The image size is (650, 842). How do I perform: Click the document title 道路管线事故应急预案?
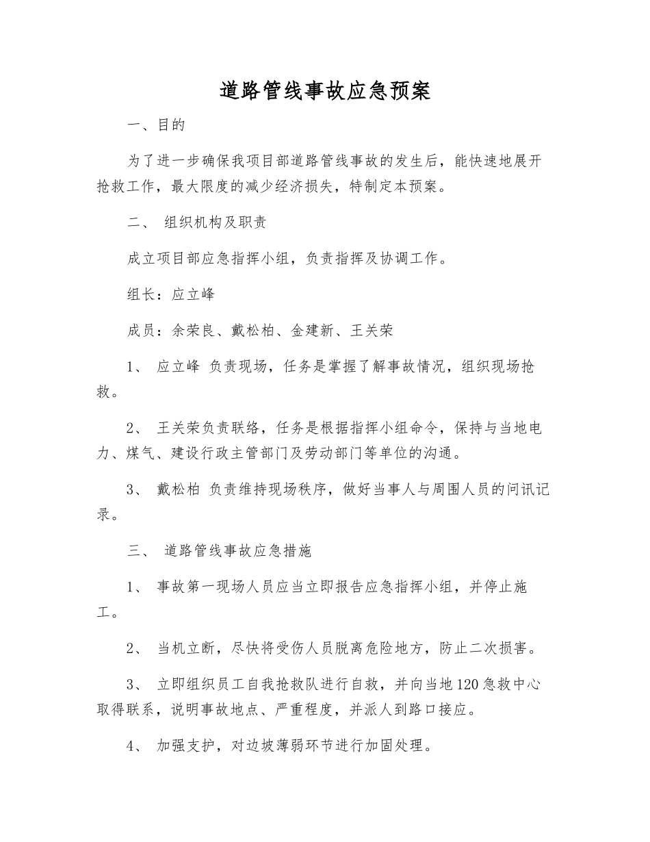click(325, 91)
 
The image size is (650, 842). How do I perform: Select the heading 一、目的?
click(157, 125)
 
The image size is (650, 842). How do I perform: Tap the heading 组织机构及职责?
click(216, 224)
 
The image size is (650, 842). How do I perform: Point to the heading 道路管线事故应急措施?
click(239, 550)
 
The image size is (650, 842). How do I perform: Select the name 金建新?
click(312, 331)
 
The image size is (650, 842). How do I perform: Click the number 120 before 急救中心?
click(466, 683)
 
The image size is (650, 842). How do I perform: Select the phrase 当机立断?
click(186, 648)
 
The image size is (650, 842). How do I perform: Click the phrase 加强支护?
click(186, 746)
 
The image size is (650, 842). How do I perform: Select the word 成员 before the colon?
click(141, 331)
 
